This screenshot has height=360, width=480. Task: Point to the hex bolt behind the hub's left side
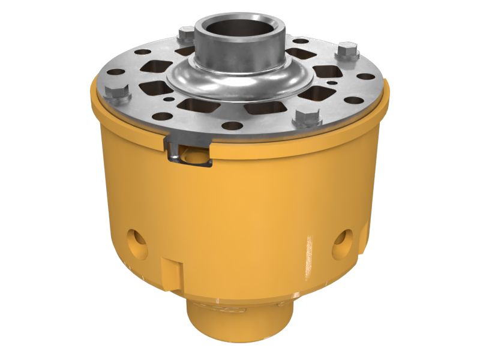[x=187, y=33]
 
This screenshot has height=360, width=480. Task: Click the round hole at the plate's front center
[x=232, y=126]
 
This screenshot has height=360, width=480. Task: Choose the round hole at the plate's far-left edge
[x=116, y=72]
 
